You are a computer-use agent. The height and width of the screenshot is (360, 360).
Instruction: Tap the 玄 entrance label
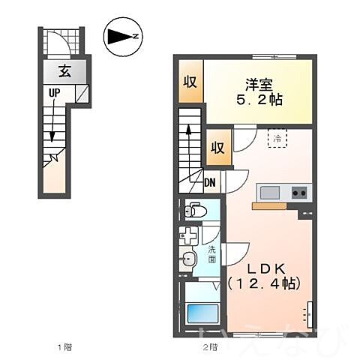coord(65,72)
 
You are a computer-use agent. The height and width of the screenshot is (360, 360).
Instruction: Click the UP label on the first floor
coord(55,94)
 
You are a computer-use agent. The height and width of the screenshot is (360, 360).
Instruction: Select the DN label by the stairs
coord(211,180)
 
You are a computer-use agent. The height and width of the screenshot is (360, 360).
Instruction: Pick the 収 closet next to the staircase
coord(217,147)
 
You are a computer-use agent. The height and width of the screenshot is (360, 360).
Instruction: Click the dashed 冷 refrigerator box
coord(277,138)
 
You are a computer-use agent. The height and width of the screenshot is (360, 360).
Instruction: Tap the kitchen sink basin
coord(268,192)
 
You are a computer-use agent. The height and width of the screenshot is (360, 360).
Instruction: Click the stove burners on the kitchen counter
coord(298,192)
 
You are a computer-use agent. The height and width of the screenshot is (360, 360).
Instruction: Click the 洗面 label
coord(211,254)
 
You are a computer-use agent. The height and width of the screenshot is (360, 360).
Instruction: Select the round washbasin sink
coord(189,260)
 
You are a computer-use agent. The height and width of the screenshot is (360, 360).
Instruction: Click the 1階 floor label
coord(66,347)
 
